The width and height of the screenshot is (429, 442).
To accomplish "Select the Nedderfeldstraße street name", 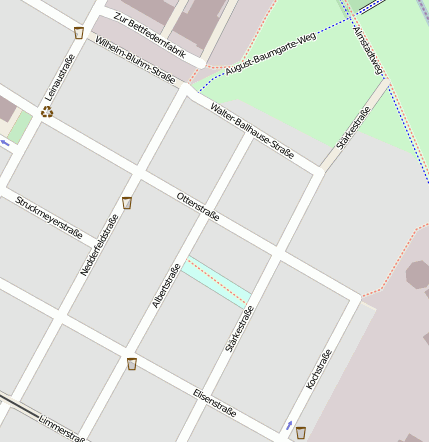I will (99, 245).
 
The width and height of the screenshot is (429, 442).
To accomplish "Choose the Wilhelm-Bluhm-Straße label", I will (135, 59).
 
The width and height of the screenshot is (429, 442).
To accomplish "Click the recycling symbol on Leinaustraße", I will (47, 111).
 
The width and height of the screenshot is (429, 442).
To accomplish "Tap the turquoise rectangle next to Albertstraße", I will (216, 281).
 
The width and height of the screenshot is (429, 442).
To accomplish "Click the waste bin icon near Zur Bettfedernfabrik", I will (79, 33).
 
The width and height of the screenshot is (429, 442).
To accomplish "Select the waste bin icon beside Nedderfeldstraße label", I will (127, 203).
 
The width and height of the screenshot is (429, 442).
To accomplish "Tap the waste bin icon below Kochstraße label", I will (301, 432).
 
